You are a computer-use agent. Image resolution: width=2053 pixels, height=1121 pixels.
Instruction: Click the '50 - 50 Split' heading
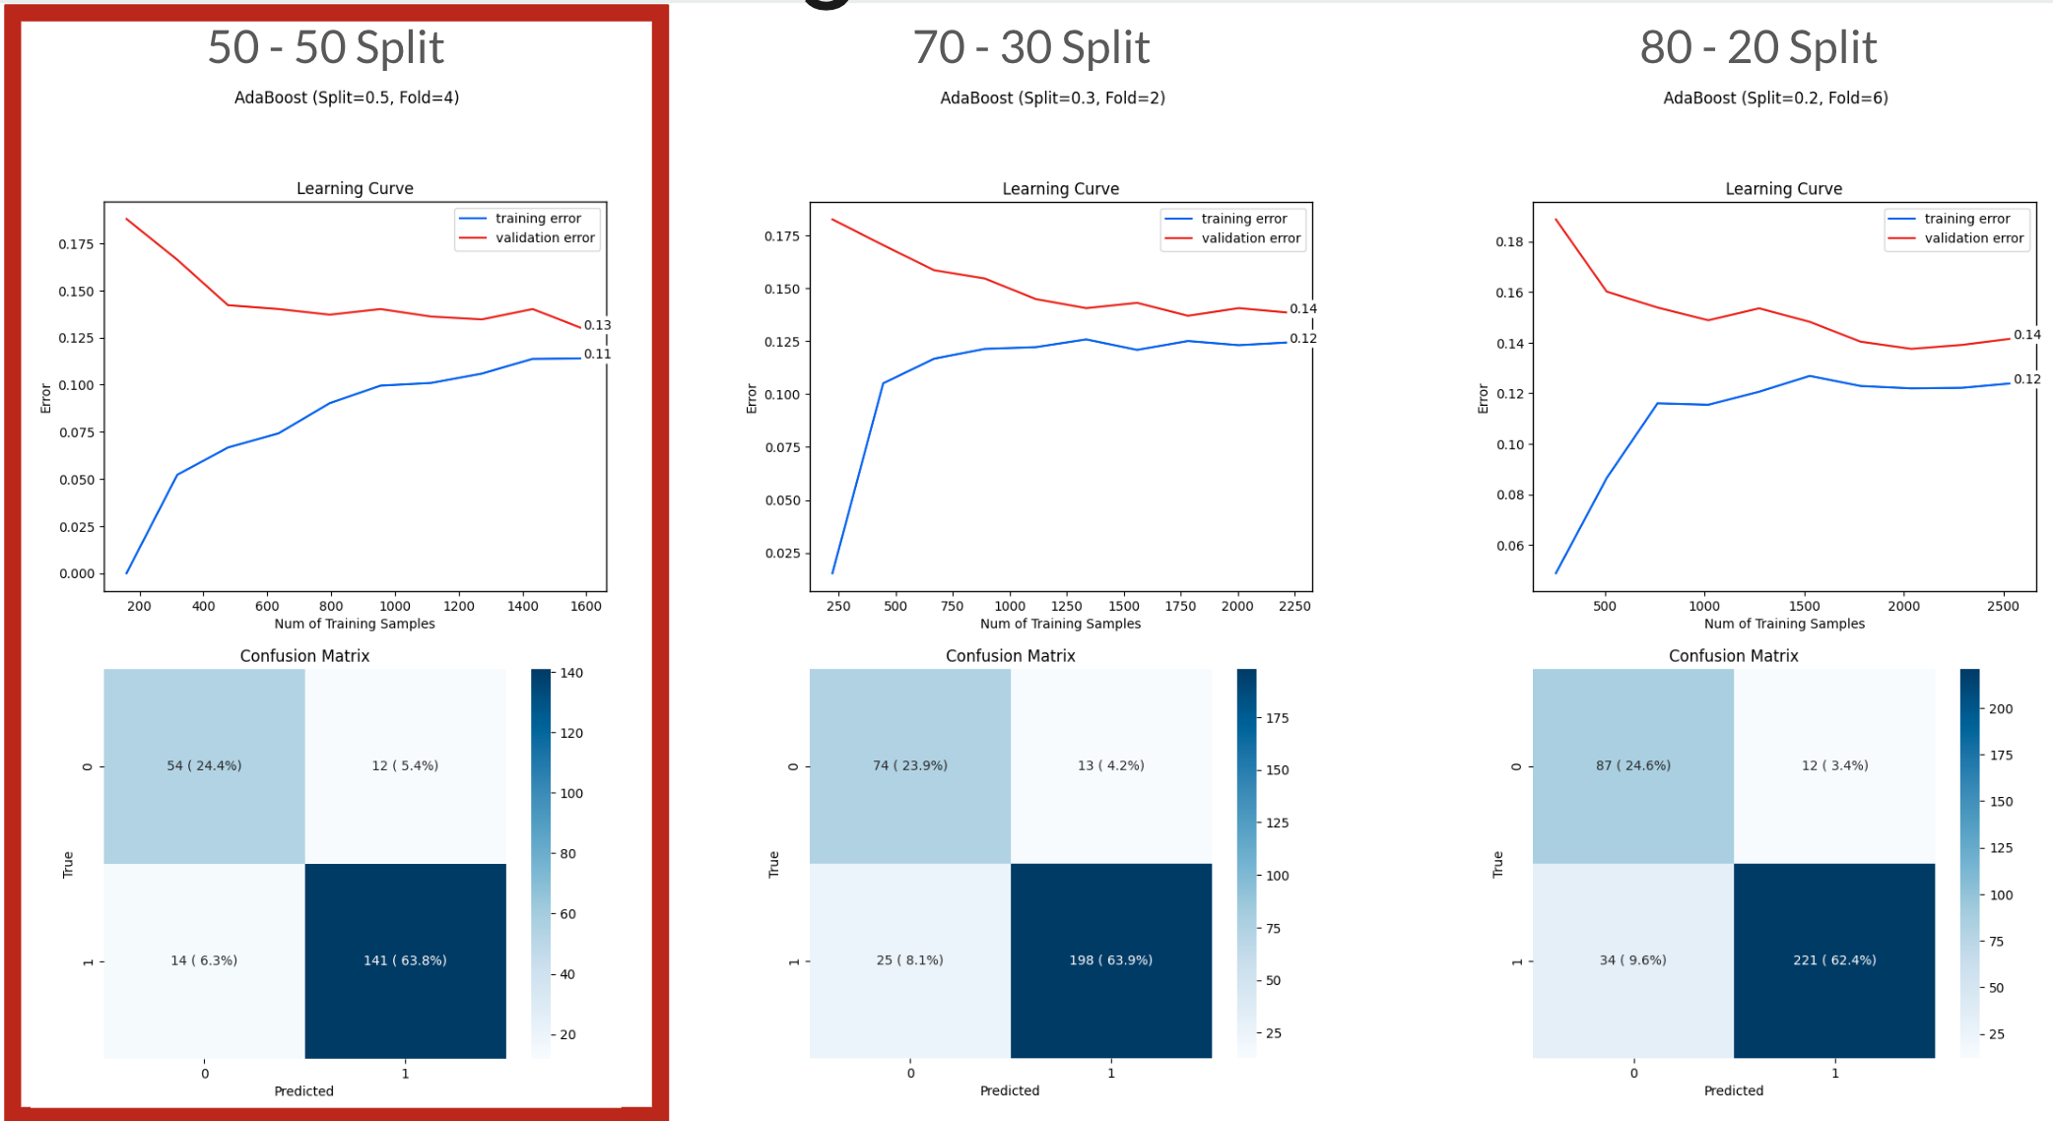[326, 47]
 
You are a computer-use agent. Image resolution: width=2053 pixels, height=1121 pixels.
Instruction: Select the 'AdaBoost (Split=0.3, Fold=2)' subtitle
[1052, 98]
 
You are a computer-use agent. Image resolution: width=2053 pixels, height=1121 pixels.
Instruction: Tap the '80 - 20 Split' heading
[1757, 47]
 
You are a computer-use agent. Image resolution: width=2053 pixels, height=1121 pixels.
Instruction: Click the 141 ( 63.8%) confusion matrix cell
[405, 960]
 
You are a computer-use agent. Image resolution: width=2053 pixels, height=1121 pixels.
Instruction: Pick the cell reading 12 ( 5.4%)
[405, 765]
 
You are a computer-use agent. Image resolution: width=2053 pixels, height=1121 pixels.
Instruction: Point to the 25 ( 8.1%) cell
[909, 960]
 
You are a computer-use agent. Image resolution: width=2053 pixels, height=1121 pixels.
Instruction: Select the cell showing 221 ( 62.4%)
[1833, 960]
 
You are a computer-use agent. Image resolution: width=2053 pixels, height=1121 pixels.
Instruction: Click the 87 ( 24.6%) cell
[1632, 765]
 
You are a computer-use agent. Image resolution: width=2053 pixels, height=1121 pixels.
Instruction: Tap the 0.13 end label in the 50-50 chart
[597, 325]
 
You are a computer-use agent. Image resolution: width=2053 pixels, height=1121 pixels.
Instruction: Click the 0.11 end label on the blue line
[597, 355]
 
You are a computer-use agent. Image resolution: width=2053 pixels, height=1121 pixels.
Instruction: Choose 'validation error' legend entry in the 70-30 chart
[1250, 238]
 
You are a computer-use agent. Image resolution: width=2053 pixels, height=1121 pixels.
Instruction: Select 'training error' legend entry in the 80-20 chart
[1966, 219]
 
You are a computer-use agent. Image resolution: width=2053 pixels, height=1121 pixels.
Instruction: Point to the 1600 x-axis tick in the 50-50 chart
[586, 606]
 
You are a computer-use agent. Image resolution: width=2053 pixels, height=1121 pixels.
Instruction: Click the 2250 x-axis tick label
[1293, 606]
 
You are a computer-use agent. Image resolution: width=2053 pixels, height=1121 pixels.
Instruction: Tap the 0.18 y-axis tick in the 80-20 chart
[1509, 242]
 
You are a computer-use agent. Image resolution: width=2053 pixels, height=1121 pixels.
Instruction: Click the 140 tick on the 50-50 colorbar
[571, 674]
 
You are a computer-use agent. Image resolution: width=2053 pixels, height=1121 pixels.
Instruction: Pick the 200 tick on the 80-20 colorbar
[2001, 709]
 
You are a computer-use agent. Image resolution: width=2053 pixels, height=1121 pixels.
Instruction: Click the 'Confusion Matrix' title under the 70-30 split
[1010, 656]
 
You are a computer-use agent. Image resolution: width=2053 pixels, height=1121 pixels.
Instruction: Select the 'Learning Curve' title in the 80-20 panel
[1783, 189]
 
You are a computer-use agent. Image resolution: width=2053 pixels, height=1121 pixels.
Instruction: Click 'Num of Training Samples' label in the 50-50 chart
[355, 624]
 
